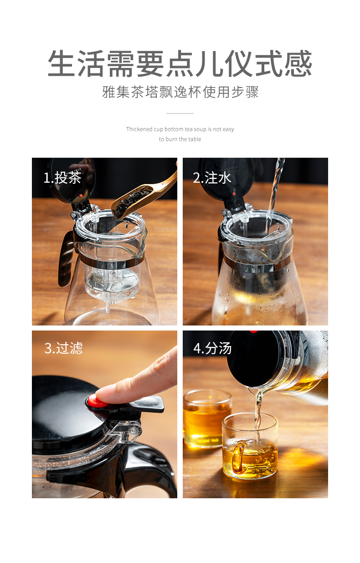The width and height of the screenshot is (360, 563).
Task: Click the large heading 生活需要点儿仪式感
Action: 180,63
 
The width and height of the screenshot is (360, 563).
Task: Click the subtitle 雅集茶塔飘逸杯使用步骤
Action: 180,92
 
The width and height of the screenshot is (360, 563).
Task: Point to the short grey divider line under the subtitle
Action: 180,114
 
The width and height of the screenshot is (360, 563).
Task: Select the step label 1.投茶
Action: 62,178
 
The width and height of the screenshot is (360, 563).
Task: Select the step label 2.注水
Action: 212,178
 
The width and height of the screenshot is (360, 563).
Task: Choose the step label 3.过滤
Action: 63,348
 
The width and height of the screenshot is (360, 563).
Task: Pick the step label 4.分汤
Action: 212,348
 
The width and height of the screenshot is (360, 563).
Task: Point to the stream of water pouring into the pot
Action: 275,194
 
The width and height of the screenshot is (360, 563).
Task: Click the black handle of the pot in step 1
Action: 66,259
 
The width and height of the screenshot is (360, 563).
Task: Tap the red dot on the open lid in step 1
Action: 80,196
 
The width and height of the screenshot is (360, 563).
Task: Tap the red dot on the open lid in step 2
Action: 234,194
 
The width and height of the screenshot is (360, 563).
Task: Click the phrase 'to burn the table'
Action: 180,139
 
